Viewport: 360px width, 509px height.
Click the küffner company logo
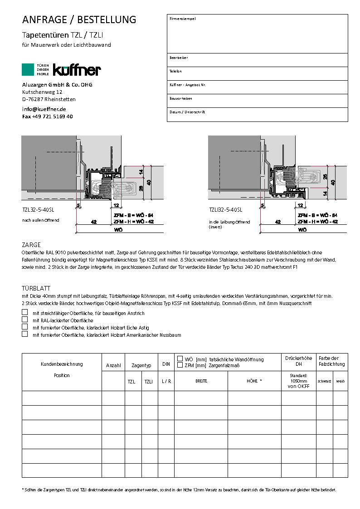click(62, 69)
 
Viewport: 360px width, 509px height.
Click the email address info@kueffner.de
click(44, 109)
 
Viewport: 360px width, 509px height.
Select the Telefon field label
click(175, 71)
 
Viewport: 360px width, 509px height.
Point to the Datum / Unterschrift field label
click(187, 112)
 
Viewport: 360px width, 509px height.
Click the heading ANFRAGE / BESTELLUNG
click(79, 19)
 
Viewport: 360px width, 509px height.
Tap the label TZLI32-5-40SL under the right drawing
click(225, 210)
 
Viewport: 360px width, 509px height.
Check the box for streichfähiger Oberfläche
click(24, 313)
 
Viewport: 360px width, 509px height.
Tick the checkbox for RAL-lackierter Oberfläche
click(24, 320)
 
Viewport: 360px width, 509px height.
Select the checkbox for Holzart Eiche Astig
click(24, 327)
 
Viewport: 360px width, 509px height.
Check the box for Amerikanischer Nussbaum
click(24, 334)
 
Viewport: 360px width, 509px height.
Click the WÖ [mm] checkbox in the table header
click(180, 359)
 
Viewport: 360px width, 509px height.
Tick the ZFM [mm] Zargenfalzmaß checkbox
click(180, 365)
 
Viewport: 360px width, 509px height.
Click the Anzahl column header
click(113, 365)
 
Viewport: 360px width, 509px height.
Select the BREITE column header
click(201, 381)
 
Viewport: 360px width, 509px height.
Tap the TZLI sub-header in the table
click(148, 382)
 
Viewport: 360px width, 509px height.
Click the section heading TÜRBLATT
click(36, 288)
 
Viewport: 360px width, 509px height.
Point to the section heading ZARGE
click(31, 244)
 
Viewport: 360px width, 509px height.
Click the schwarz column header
click(324, 381)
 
